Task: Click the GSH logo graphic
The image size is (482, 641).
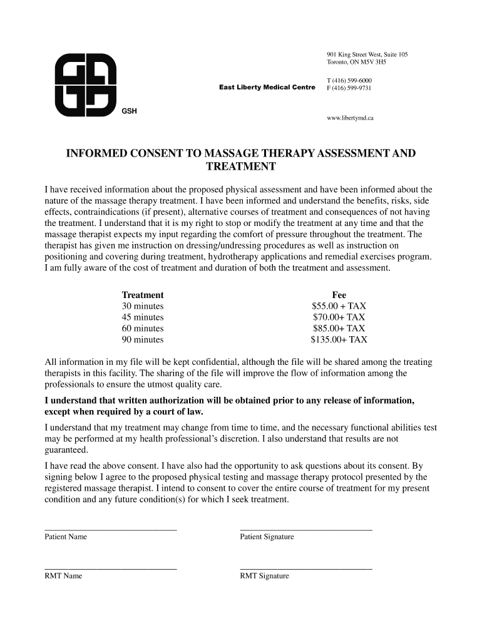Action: point(85,85)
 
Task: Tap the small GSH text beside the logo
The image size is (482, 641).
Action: point(130,111)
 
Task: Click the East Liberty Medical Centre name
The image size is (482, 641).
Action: point(267,88)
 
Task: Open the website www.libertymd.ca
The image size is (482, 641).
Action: point(350,118)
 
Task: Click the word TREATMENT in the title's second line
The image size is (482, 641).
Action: point(241,167)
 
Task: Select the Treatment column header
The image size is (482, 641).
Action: point(143,295)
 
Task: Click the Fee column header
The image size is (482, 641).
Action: point(339,295)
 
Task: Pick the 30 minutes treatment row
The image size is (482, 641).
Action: point(143,306)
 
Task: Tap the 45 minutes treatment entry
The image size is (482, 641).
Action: point(143,317)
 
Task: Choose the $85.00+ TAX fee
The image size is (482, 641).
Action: point(339,329)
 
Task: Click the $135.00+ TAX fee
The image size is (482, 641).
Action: point(339,340)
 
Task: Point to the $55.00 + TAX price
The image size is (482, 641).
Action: point(339,306)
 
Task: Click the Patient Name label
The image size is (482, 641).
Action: point(66,537)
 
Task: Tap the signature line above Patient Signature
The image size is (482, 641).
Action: point(306,530)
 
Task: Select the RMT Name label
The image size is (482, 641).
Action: point(63,576)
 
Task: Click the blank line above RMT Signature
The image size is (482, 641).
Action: point(306,568)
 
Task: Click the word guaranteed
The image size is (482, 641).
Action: point(66,450)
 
